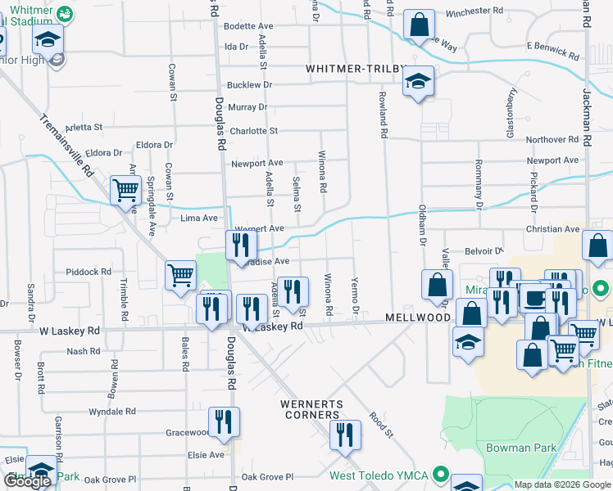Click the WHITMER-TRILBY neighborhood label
[x=356, y=70]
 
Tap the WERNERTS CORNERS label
[x=310, y=409]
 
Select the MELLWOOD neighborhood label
[x=418, y=317]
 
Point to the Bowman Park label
[x=521, y=448]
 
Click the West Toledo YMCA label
[x=380, y=475]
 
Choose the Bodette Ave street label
[x=248, y=27]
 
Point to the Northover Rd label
[x=552, y=140]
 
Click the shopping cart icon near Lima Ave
[x=126, y=191]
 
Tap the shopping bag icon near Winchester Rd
[x=419, y=25]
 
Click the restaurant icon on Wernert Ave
[x=241, y=243]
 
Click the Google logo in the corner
[x=27, y=481]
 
